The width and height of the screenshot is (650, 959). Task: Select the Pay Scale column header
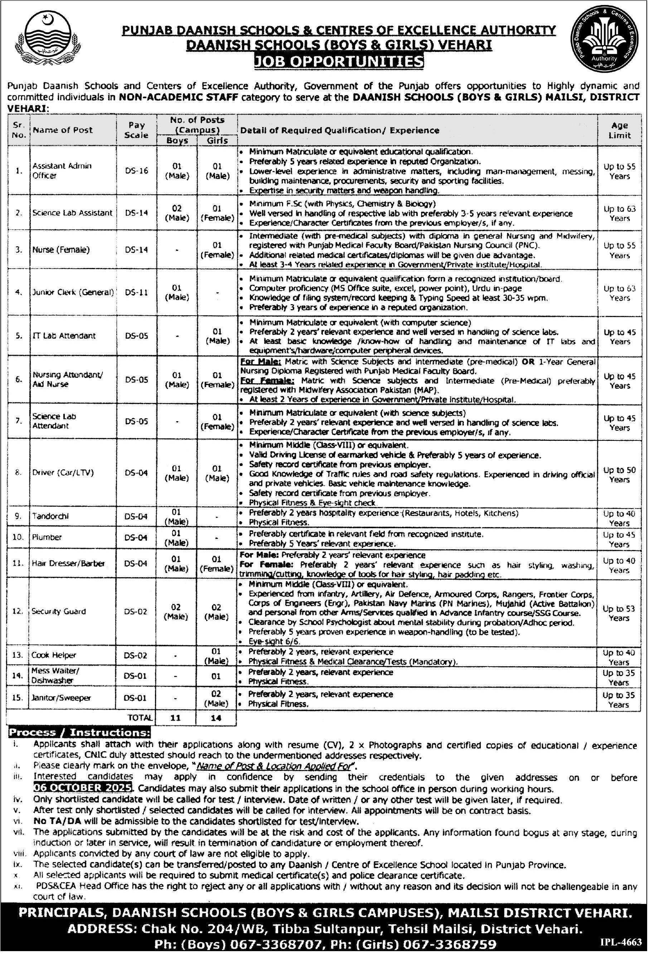(x=137, y=130)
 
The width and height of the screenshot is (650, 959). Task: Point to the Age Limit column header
(x=620, y=130)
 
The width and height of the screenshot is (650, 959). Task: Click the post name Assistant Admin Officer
(x=62, y=170)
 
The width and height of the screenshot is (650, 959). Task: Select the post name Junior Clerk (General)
(x=73, y=293)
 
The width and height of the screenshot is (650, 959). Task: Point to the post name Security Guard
(x=59, y=612)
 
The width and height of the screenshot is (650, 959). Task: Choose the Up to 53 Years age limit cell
(x=619, y=614)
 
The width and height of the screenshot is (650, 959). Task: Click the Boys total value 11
(x=175, y=717)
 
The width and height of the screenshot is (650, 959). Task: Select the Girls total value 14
(x=216, y=717)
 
